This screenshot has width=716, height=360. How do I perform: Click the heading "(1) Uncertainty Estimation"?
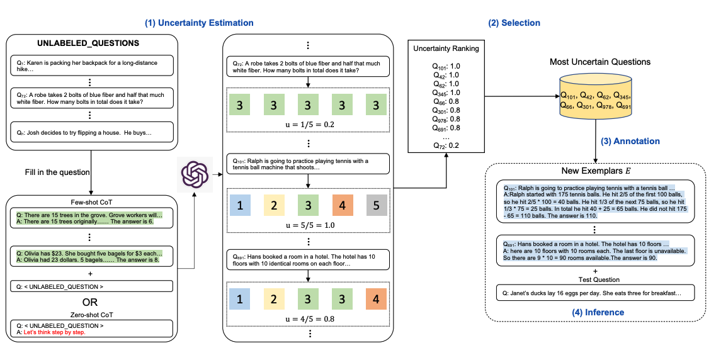coord(199,23)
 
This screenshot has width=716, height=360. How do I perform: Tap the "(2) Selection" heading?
coord(514,23)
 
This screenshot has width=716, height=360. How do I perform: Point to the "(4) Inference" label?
coord(597,312)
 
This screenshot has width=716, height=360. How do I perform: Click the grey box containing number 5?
coord(375,205)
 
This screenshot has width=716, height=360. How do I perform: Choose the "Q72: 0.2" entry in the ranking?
coord(446,145)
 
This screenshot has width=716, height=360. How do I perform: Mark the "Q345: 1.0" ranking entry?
coord(446,92)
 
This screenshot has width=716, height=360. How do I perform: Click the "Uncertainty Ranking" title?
coord(446,48)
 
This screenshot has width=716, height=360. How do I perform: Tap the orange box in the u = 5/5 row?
coord(341,205)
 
